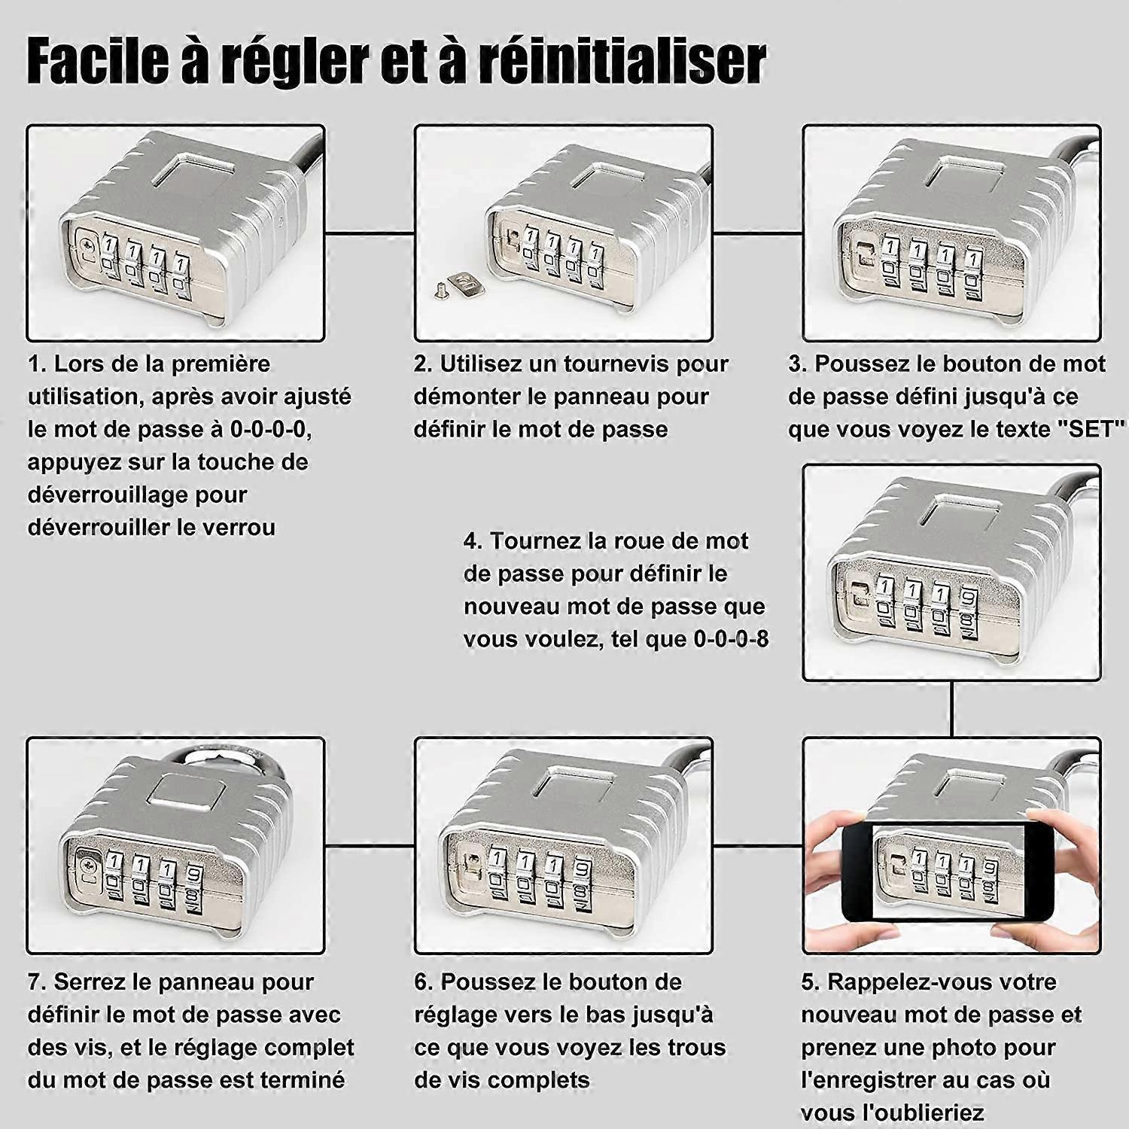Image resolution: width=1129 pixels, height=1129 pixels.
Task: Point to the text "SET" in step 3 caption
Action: tap(1091, 429)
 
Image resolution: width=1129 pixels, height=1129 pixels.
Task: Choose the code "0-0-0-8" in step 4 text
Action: tap(731, 639)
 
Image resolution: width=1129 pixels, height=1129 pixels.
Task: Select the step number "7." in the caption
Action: tap(38, 982)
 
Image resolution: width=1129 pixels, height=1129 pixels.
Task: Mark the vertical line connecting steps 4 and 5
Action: tap(951, 709)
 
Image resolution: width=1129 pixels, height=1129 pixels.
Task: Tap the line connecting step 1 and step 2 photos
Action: tap(370, 233)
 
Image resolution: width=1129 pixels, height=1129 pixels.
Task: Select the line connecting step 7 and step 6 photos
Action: tap(370, 846)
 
